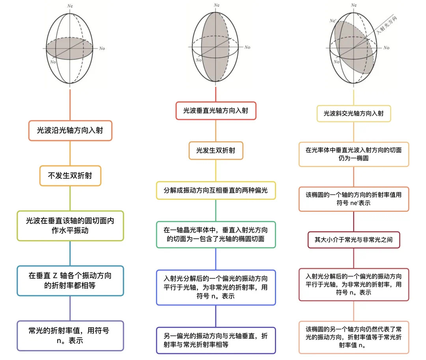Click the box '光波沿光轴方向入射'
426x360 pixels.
point(70,131)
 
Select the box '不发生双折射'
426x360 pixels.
point(70,176)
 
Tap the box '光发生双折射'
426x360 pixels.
point(216,150)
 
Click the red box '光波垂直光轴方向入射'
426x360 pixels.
point(216,111)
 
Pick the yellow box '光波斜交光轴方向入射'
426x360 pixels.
point(354,113)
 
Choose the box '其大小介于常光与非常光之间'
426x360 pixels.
point(354,240)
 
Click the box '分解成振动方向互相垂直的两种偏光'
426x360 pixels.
point(216,190)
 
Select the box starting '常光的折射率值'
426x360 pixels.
point(70,336)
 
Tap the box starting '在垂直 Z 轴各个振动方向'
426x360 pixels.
point(70,281)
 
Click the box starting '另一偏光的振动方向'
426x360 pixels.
point(216,340)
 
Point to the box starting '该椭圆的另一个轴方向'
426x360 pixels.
point(354,337)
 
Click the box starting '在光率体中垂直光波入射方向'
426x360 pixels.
point(354,154)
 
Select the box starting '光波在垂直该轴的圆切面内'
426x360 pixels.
point(70,226)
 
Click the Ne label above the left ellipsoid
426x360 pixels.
point(70,6)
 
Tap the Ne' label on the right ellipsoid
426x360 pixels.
point(333,21)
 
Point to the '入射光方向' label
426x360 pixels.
point(387,25)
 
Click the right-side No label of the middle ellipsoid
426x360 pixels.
point(247,47)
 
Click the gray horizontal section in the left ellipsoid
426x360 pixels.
point(69,49)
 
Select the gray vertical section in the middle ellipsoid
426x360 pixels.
point(215,47)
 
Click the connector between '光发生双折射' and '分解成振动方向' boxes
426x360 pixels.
point(216,171)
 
